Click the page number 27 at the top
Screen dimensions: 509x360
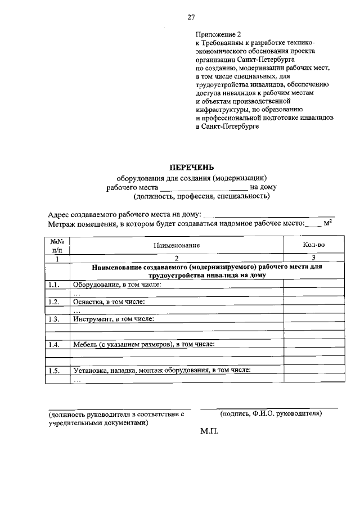[191, 17]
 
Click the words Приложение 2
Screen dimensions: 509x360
[217, 34]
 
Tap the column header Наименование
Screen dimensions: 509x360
[177, 246]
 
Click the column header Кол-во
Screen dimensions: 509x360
[313, 246]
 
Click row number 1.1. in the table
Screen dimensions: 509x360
[55, 285]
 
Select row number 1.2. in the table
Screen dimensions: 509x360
[55, 302]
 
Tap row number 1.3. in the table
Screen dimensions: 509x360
[55, 319]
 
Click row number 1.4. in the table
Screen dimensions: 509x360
[55, 344]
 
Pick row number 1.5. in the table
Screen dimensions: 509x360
[55, 370]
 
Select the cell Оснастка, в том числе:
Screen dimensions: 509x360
[109, 302]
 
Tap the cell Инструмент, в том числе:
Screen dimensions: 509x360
[113, 319]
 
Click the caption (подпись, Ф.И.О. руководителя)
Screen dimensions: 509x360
[271, 413]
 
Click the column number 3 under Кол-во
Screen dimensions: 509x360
[313, 258]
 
